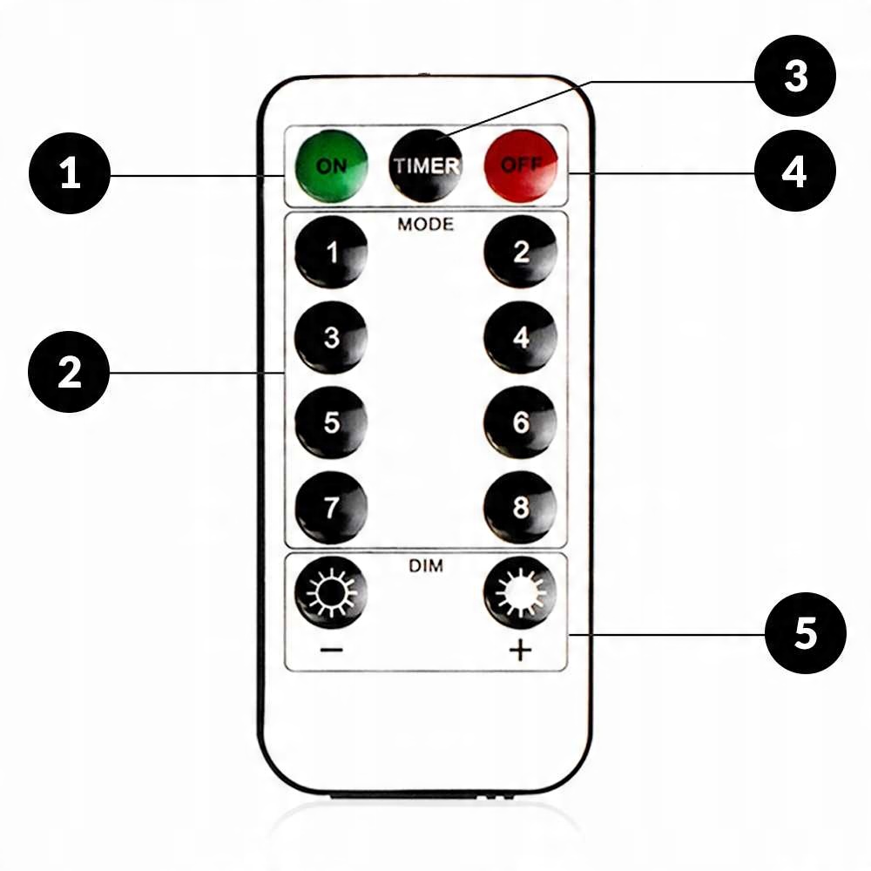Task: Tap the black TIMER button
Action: pos(426,165)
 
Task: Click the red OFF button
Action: pos(521,165)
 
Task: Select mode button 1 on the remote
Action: pos(331,253)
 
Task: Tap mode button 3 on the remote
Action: pos(331,337)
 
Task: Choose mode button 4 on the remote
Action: pos(521,337)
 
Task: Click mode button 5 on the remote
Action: pos(331,422)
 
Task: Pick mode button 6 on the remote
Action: pos(521,422)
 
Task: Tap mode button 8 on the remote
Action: pos(521,508)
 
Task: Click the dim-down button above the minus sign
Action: pos(331,593)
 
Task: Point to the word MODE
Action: pos(426,224)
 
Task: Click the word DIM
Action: pos(426,566)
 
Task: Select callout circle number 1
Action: pos(70,174)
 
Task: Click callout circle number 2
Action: pos(70,373)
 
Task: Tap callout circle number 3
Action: pos(795,76)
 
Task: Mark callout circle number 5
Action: pos(806,633)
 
